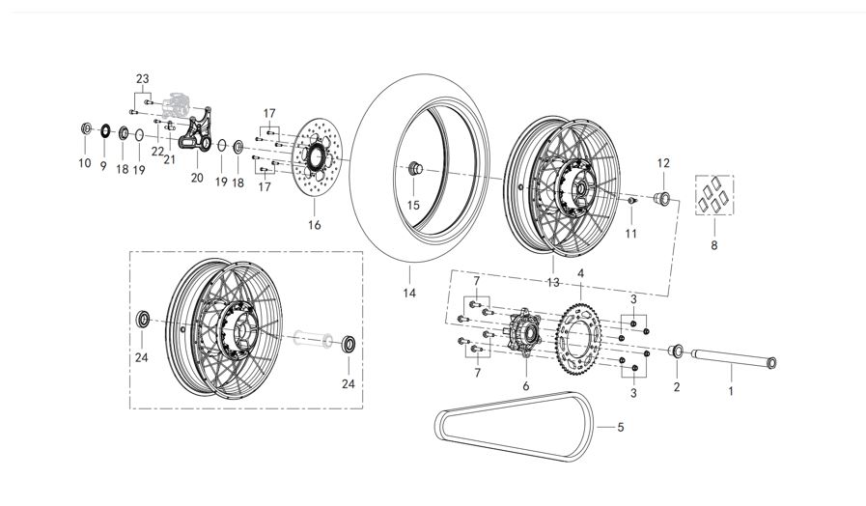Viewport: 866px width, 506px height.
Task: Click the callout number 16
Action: tap(314, 225)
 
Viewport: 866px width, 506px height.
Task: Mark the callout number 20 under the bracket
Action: tap(197, 178)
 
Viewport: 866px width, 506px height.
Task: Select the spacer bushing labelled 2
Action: tap(677, 349)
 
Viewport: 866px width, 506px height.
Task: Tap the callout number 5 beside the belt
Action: tap(622, 426)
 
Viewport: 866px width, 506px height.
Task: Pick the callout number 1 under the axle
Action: tap(731, 391)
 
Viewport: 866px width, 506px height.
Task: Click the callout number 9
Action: tap(103, 164)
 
